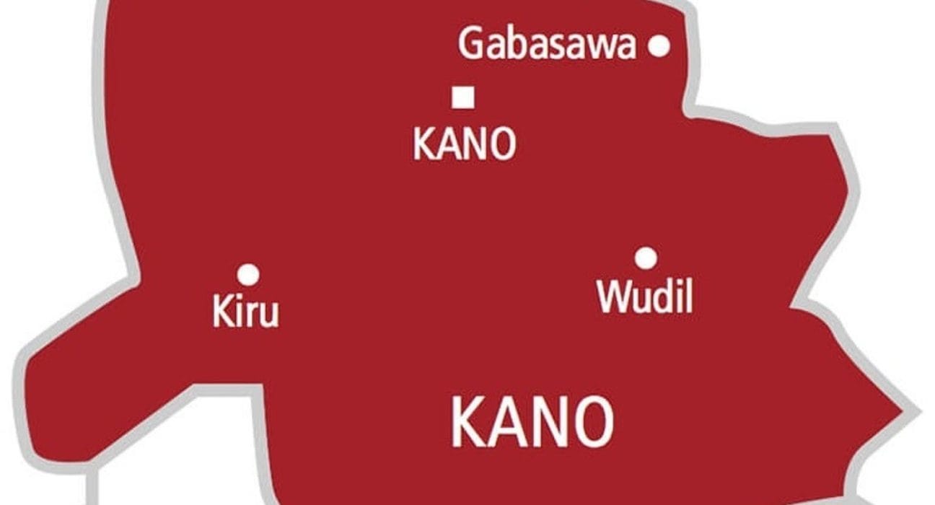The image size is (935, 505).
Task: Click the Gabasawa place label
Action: click(547, 45)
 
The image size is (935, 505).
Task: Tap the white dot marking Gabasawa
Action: click(658, 46)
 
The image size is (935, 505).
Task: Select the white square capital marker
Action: click(462, 97)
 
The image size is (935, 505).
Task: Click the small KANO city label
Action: click(464, 144)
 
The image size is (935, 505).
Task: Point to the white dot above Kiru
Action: click(248, 274)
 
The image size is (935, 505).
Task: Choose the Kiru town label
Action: click(245, 314)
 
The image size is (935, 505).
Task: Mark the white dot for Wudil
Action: click(646, 258)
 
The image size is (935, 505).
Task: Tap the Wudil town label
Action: click(645, 296)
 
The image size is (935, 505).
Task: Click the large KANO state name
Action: click(532, 422)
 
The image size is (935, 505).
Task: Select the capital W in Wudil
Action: click(613, 297)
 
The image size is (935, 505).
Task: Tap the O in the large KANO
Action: click(591, 422)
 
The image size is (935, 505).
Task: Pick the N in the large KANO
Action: click(548, 422)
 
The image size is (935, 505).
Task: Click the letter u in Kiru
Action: click(267, 316)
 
